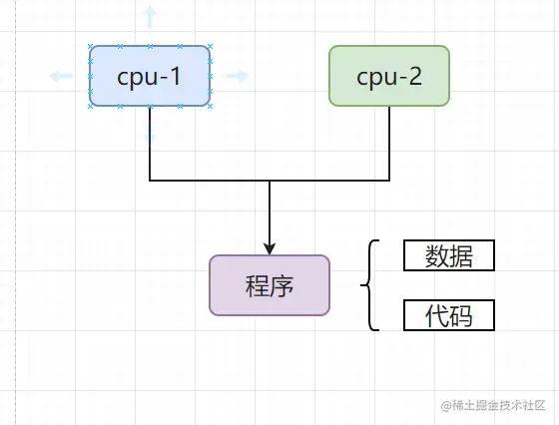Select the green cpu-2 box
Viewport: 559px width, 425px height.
click(x=389, y=75)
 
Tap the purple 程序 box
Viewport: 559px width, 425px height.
click(x=270, y=285)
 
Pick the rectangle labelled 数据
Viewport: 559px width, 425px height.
click(x=449, y=256)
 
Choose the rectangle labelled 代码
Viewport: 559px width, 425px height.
click(x=449, y=316)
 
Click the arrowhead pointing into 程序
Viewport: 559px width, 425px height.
click(x=270, y=248)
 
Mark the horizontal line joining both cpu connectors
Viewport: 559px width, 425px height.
click(x=270, y=181)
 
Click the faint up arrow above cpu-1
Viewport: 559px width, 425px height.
click(x=150, y=16)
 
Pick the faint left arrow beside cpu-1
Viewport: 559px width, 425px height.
click(x=61, y=75)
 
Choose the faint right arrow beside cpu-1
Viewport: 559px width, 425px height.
click(x=238, y=75)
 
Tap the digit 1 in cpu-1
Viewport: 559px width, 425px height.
click(x=175, y=75)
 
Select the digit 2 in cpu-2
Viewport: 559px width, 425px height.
click(x=416, y=75)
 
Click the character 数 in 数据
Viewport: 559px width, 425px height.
click(x=437, y=256)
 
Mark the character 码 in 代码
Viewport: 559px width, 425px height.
click(x=460, y=316)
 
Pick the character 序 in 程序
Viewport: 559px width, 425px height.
click(x=281, y=285)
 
